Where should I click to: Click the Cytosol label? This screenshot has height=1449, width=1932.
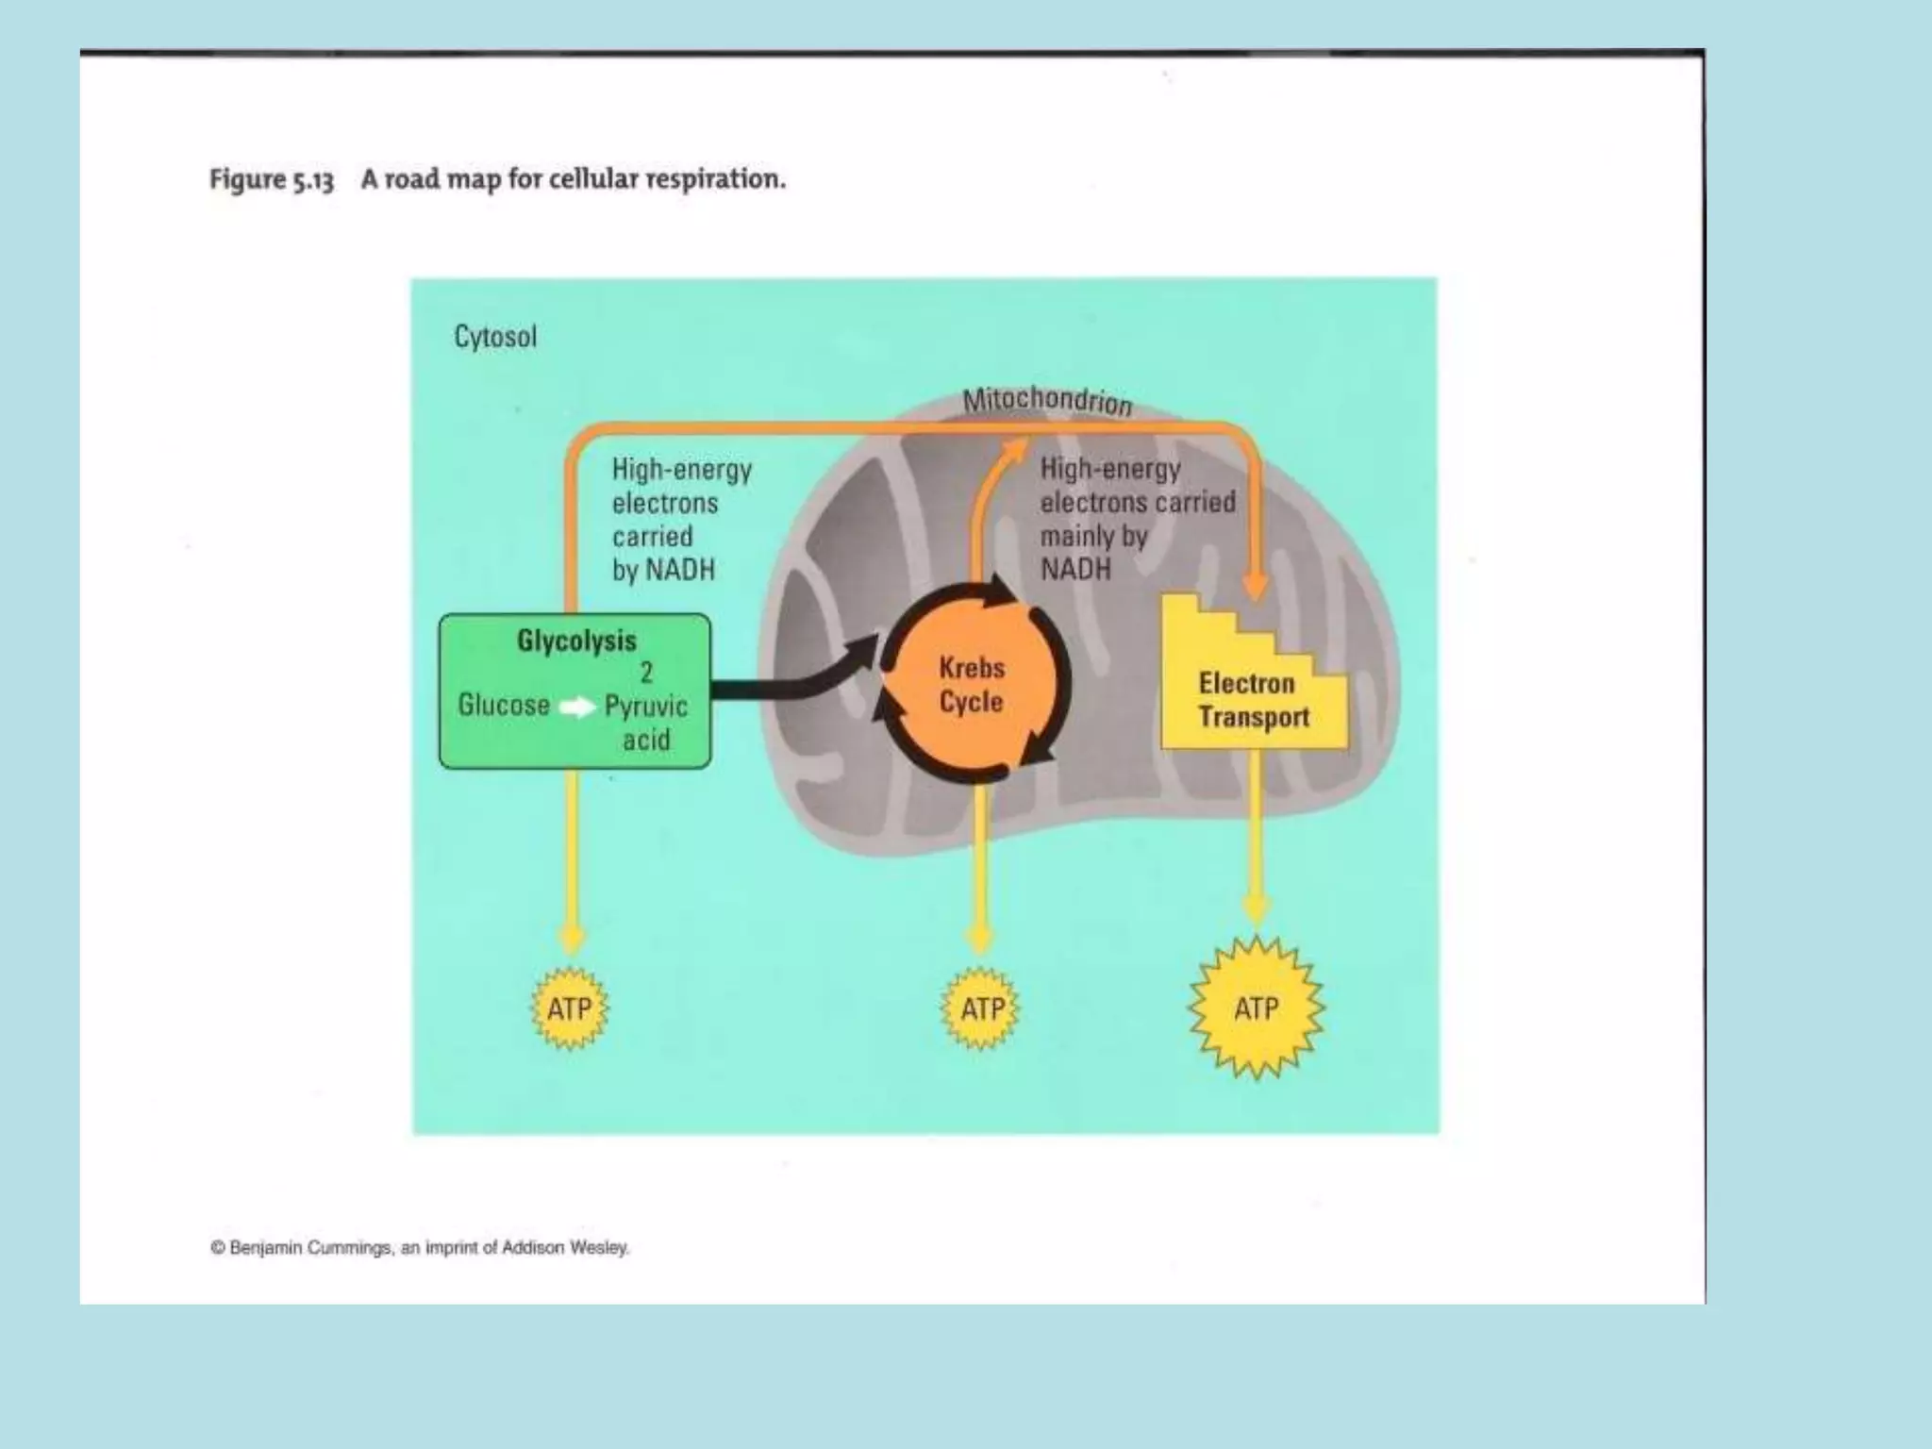click(495, 337)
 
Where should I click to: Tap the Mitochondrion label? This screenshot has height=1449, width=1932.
click(1046, 400)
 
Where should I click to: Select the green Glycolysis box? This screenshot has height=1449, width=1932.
click(575, 691)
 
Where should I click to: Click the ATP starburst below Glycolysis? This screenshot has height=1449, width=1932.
click(570, 1008)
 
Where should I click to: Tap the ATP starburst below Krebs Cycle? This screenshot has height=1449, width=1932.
click(981, 1008)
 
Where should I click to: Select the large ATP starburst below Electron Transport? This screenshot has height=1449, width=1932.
click(1256, 1008)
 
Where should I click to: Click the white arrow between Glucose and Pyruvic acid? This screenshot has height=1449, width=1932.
click(577, 707)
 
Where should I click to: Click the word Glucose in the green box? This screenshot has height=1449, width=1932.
click(504, 706)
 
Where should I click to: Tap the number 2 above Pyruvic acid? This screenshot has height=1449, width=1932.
click(646, 673)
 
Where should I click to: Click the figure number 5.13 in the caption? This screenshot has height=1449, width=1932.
click(311, 180)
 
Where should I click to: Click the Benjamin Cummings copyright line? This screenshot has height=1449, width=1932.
click(420, 1247)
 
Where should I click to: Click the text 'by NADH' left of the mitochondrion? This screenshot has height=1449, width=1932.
click(663, 570)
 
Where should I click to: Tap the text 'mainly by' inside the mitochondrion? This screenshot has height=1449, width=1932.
click(1093, 536)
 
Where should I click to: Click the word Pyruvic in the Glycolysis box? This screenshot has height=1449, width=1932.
click(646, 707)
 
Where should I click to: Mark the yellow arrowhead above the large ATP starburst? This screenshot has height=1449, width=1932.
click(1255, 909)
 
